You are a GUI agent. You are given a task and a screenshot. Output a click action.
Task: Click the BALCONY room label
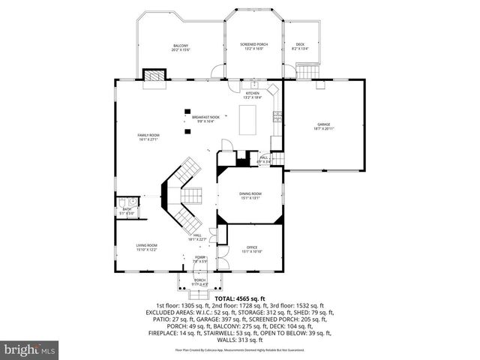pyautogui.click(x=179, y=46)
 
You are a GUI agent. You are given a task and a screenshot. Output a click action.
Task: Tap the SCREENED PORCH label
pyautogui.click(x=253, y=44)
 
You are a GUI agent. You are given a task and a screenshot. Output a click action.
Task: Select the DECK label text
pyautogui.click(x=300, y=44)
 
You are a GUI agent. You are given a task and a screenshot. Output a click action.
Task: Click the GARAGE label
pyautogui.click(x=323, y=124)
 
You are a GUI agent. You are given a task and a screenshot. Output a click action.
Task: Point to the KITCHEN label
pyautogui.click(x=252, y=94)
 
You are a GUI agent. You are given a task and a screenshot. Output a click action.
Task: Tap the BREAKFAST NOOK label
pyautogui.click(x=205, y=117)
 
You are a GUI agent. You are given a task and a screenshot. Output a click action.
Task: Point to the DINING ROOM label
pyautogui.click(x=250, y=194)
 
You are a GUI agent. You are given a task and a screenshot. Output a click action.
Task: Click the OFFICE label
pyautogui.click(x=252, y=247)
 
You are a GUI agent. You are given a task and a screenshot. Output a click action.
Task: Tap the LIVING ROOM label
pyautogui.click(x=146, y=245)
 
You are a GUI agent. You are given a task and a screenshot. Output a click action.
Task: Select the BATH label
pyautogui.click(x=127, y=211)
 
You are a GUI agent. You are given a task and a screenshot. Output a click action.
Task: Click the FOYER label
pyautogui.click(x=200, y=257)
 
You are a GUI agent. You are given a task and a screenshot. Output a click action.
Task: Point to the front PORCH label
pyautogui.click(x=200, y=280)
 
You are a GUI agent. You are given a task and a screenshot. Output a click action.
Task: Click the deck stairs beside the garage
pyautogui.click(x=307, y=72)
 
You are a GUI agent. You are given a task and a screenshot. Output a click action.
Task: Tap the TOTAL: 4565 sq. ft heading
pyautogui.click(x=240, y=298)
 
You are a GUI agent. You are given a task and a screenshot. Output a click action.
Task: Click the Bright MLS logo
pyautogui.click(x=30, y=350)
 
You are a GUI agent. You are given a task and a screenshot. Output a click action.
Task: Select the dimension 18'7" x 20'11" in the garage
pyautogui.click(x=323, y=129)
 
